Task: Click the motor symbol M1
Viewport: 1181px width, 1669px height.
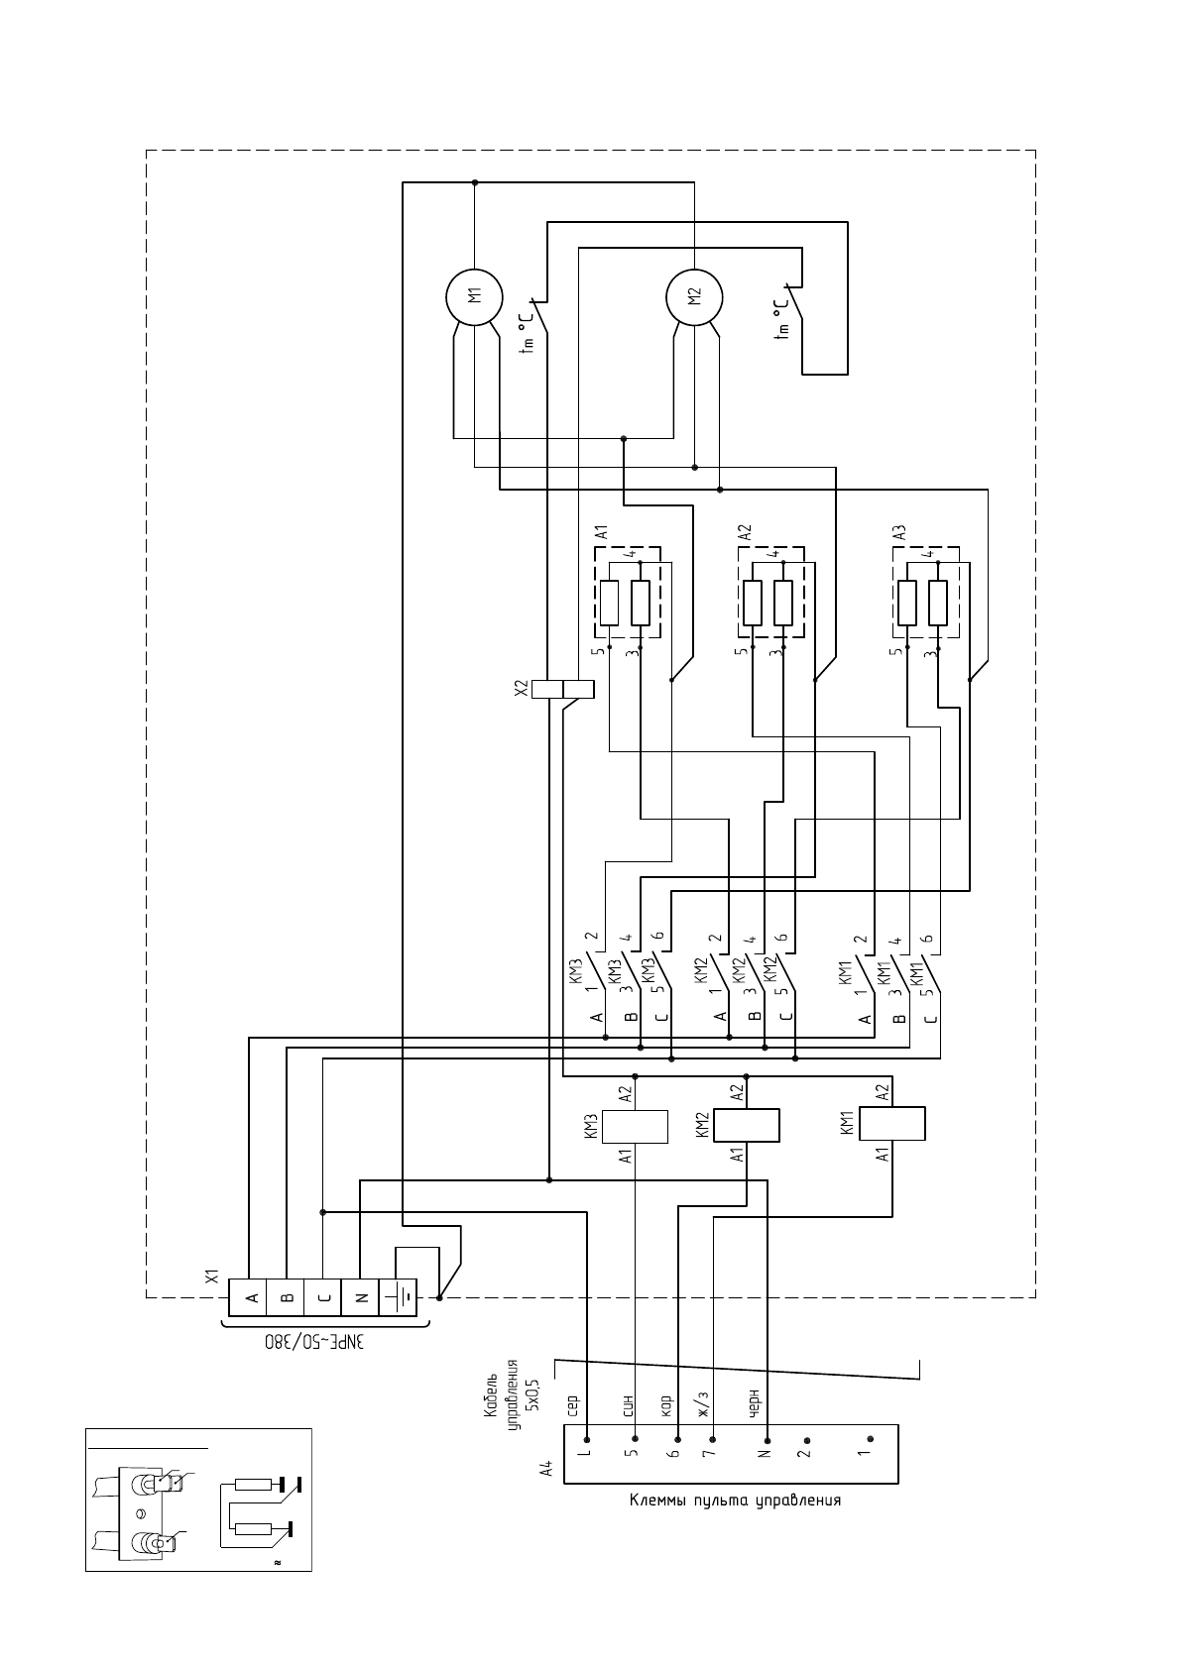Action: pos(474,295)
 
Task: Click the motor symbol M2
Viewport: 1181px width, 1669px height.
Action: pos(694,295)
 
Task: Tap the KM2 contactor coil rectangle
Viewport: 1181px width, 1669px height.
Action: pos(747,1126)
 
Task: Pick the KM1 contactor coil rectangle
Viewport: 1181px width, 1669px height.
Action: pos(892,1124)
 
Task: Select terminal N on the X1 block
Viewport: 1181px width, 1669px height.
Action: pos(360,1297)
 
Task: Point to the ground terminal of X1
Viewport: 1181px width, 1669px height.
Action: pos(397,1297)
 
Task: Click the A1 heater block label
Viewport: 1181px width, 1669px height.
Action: pos(601,532)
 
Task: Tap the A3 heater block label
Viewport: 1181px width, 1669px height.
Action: pos(899,532)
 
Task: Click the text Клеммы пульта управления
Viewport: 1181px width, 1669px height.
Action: pos(735,1500)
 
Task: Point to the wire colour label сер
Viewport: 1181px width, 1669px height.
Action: pos(572,1405)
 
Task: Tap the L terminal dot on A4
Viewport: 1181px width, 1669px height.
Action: pos(587,1439)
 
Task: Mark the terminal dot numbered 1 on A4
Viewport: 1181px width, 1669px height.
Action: pos(870,1439)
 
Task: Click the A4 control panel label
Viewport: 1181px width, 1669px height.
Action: pos(545,1469)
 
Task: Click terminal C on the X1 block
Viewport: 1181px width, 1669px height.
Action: pos(323,1297)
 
